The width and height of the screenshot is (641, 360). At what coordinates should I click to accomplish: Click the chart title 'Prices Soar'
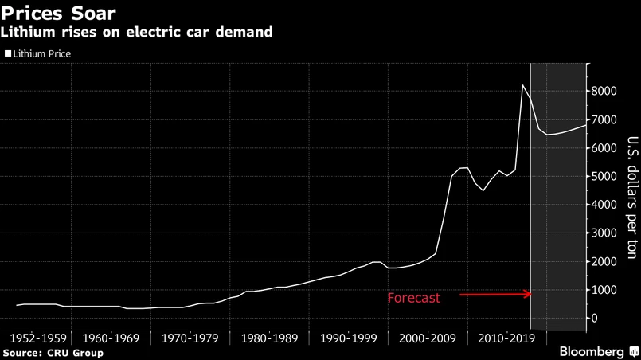(61, 13)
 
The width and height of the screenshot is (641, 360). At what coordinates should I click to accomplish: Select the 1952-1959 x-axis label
(40, 338)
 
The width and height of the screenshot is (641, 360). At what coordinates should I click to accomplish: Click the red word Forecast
(413, 299)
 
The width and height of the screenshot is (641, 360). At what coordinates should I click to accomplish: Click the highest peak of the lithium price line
(522, 85)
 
